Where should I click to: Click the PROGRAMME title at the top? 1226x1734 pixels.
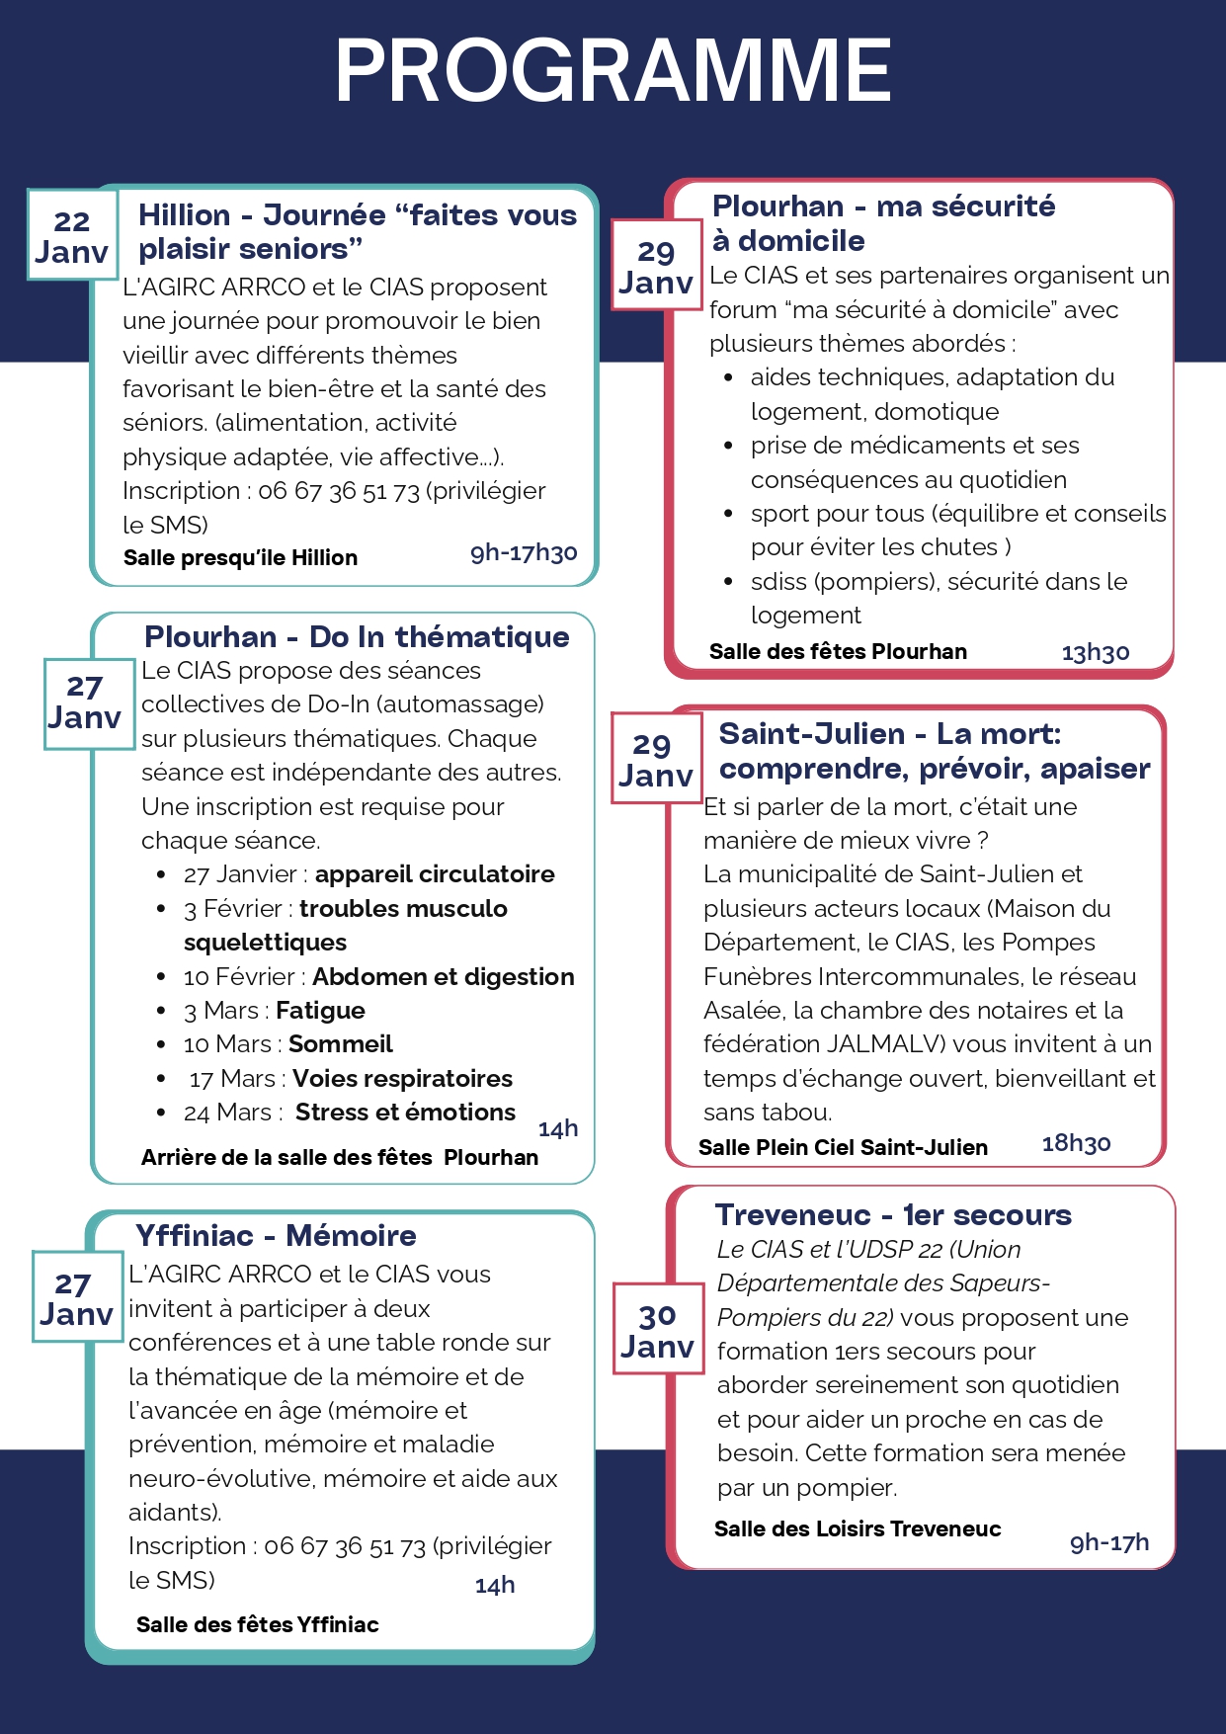613,71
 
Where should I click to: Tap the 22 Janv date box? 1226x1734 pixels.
72,236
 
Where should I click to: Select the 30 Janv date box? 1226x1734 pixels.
657,1330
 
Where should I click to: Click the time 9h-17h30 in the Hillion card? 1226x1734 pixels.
524,552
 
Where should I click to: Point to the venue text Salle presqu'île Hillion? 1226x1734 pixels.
240,557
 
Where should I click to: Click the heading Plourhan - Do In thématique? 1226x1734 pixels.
357,636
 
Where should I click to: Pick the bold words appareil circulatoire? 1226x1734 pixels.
435,874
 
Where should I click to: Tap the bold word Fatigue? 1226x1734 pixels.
320,1010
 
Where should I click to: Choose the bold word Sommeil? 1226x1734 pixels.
340,1044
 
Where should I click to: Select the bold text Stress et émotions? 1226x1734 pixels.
405,1113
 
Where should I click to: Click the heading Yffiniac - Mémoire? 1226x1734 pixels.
276,1235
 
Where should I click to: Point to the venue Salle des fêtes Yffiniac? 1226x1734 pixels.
257,1624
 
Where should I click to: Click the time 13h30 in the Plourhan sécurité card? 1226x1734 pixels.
1095,653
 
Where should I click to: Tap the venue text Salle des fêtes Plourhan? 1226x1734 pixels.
838,652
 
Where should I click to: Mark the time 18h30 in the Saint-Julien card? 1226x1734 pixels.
1076,1144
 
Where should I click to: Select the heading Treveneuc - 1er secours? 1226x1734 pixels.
893,1214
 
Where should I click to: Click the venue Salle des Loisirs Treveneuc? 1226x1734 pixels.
858,1529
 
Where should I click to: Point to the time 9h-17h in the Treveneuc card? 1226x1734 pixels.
1109,1542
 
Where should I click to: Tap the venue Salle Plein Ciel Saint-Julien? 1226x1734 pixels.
843,1147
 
